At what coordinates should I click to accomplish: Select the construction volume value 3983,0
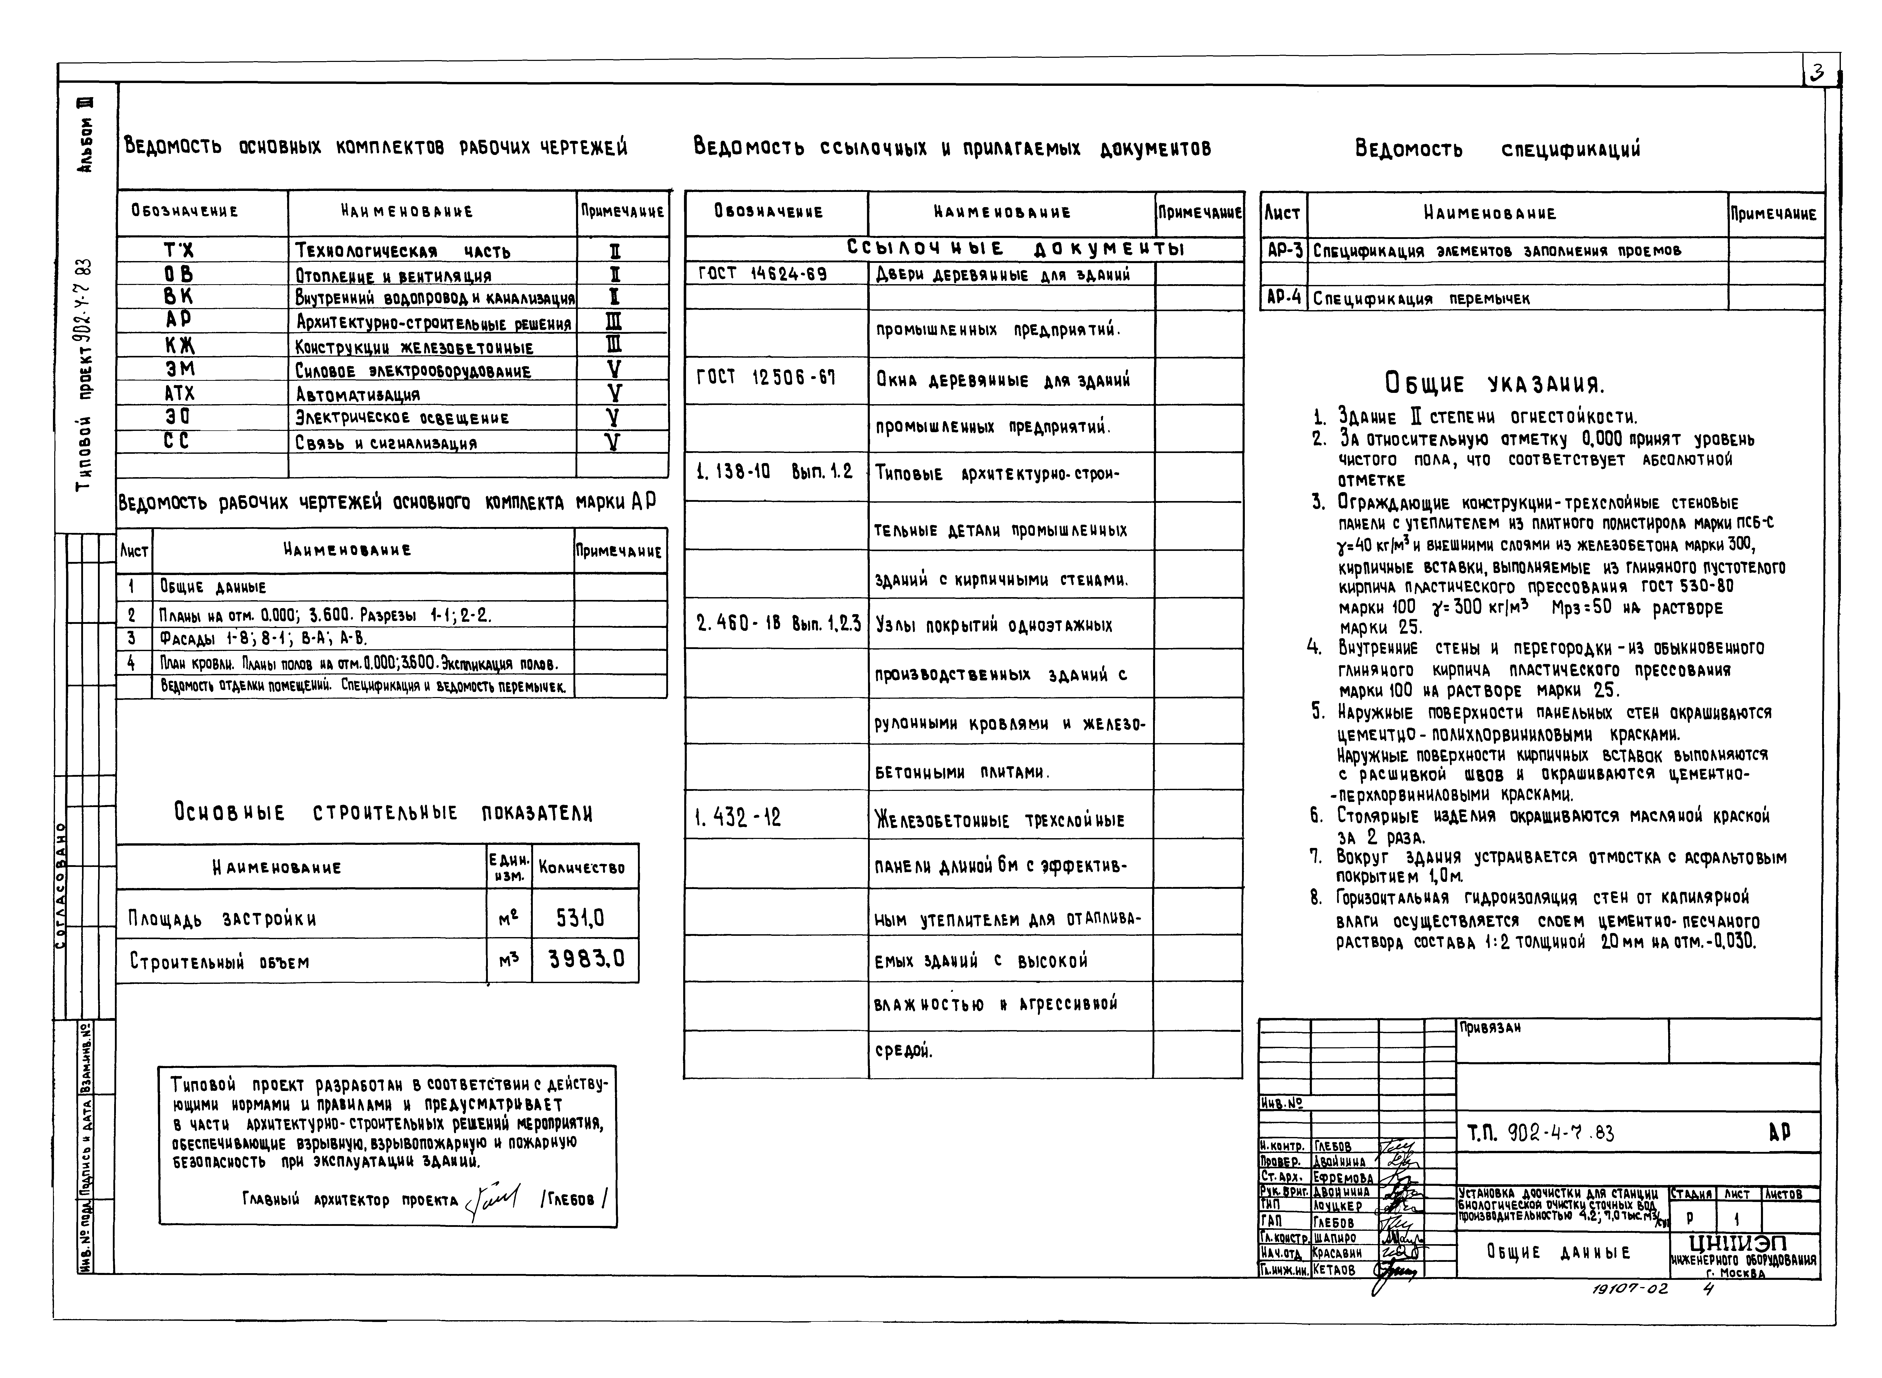(586, 960)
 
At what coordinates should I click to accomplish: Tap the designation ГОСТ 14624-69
(762, 274)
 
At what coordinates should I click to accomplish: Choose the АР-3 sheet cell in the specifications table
(1284, 249)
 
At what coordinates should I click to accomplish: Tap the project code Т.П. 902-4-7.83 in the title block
(1540, 1133)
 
